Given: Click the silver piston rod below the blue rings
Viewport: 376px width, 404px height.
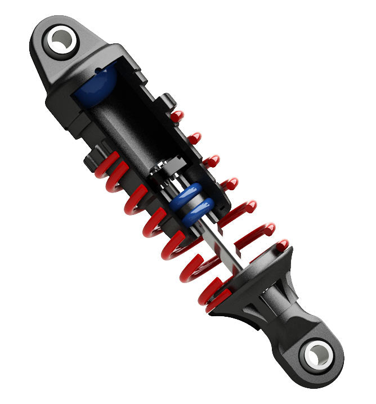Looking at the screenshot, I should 225,242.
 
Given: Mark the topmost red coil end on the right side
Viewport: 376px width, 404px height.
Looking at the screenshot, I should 177,116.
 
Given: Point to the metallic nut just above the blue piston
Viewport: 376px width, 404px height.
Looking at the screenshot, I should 166,169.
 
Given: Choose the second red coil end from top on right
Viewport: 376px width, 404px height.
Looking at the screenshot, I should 194,138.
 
